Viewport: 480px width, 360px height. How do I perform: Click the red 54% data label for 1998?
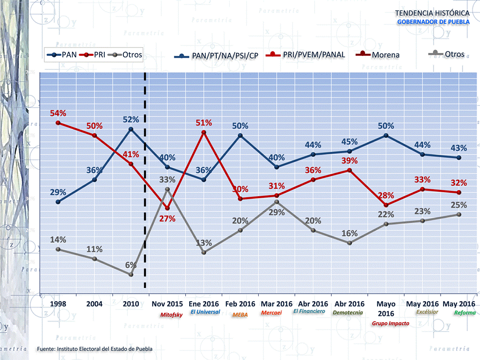(58, 113)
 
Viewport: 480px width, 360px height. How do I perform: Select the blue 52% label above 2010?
(131, 120)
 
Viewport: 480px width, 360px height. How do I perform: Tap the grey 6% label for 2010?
(131, 265)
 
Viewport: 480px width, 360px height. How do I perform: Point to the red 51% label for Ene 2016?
(204, 123)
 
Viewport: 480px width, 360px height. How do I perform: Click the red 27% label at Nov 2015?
(167, 218)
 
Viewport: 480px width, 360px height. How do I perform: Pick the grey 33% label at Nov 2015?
(167, 179)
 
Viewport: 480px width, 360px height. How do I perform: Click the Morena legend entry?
(385, 55)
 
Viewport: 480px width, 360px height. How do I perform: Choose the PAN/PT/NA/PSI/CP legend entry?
(225, 55)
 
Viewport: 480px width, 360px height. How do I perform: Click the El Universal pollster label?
(205, 312)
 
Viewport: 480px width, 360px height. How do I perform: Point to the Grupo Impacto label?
(391, 323)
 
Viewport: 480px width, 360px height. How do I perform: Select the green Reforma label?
(465, 313)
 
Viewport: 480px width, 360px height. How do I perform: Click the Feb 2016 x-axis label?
(240, 304)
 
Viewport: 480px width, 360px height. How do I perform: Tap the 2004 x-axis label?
(94, 304)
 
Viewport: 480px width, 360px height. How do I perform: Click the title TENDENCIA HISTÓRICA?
(432, 12)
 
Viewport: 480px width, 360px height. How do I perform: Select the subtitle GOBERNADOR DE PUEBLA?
(433, 21)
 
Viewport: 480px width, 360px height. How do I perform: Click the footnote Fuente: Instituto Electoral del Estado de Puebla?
(95, 348)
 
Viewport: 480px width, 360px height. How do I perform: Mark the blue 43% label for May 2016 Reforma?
(459, 148)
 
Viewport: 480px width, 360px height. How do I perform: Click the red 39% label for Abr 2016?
(350, 161)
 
